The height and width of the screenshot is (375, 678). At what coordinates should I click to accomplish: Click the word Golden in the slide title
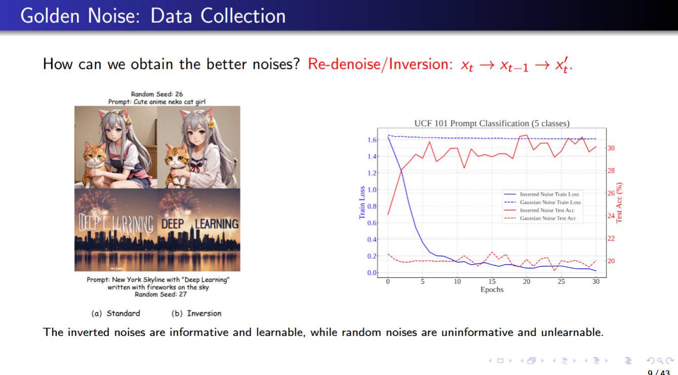point(50,16)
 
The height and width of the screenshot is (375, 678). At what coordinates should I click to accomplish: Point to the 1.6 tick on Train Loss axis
point(372,140)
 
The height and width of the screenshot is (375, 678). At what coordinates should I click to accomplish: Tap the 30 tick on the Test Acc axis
point(611,148)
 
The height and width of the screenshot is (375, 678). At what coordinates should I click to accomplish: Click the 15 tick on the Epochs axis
point(492,281)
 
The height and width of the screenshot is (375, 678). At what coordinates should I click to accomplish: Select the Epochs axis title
point(492,289)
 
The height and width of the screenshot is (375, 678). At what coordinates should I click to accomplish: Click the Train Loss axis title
point(362,202)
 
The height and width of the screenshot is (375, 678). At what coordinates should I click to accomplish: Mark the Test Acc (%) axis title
point(619,202)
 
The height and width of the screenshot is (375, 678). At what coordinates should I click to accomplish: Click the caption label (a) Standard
point(115,313)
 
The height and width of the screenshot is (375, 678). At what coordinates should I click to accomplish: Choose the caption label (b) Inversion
point(196,313)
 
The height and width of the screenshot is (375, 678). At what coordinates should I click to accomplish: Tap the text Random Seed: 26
point(157,94)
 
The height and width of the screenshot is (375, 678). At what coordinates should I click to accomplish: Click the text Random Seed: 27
point(161,294)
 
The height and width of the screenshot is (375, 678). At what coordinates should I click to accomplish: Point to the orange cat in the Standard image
point(96,163)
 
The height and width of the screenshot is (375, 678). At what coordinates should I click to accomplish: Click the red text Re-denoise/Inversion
point(380,64)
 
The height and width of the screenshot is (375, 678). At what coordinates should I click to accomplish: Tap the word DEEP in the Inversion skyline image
point(173,224)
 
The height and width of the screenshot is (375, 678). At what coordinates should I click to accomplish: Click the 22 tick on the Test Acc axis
point(611,238)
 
